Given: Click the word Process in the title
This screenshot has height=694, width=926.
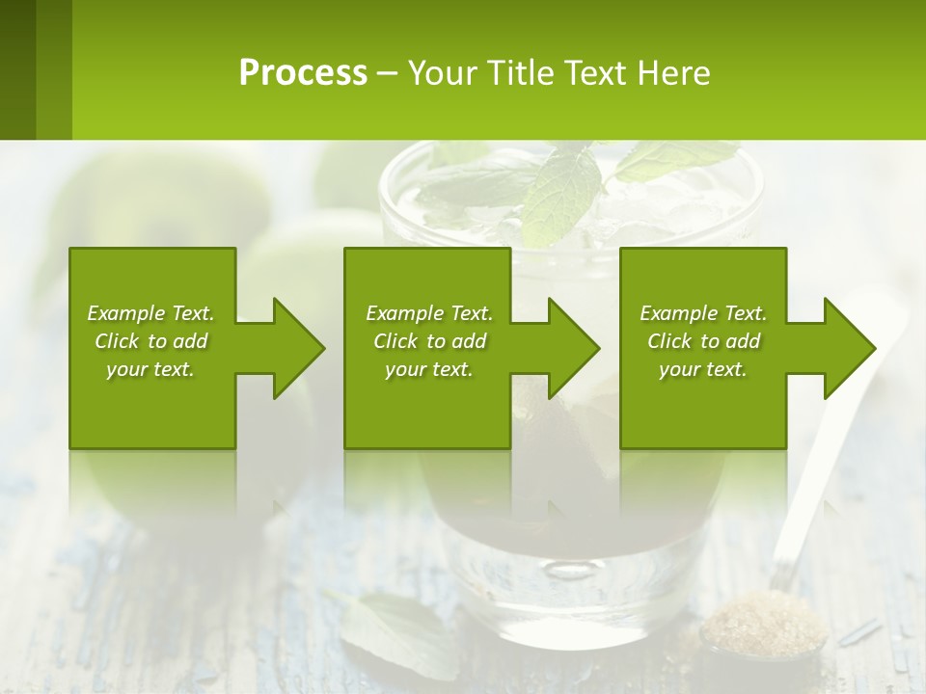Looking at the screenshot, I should pyautogui.click(x=303, y=72).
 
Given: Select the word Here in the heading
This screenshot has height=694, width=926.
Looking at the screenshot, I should pyautogui.click(x=673, y=72).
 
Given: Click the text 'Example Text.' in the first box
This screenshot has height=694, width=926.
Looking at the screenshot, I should pyautogui.click(x=150, y=313).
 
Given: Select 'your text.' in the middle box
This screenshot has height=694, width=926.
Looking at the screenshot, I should pyautogui.click(x=428, y=369).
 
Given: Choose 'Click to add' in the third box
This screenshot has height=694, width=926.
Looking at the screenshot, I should pyautogui.click(x=703, y=341).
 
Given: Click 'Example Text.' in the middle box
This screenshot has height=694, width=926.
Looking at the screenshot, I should pyautogui.click(x=428, y=313).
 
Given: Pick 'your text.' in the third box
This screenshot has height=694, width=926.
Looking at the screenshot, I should pyautogui.click(x=703, y=369).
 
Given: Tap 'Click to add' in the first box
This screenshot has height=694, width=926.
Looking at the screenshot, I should pyautogui.click(x=150, y=341).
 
